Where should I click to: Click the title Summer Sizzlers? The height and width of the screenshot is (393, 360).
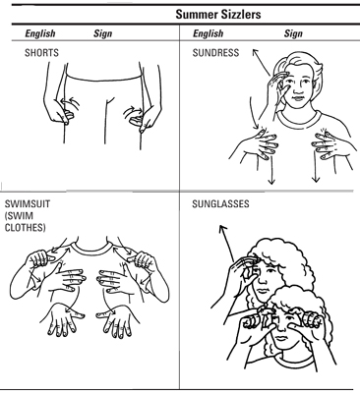click(218, 15)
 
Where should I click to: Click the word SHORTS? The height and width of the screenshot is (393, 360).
click(41, 53)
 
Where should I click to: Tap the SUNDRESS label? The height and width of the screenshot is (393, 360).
click(215, 53)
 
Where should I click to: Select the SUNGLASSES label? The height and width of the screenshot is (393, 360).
click(220, 204)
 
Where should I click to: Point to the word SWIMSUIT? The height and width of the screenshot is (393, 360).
click(28, 204)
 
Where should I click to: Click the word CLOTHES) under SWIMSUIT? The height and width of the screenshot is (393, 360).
click(25, 228)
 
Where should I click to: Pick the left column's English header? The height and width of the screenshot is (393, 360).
click(40, 33)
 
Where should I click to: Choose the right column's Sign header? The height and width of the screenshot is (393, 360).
click(293, 33)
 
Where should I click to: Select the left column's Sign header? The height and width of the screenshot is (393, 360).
click(103, 33)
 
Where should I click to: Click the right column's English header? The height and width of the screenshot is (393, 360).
click(209, 33)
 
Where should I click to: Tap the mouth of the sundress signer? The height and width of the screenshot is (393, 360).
click(297, 98)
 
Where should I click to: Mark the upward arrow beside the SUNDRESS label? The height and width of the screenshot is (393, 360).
click(262, 62)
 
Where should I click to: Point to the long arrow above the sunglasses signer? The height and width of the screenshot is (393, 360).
click(226, 243)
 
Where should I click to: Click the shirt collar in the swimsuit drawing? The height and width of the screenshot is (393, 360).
click(91, 249)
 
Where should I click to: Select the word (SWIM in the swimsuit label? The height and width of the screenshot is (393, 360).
click(19, 216)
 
